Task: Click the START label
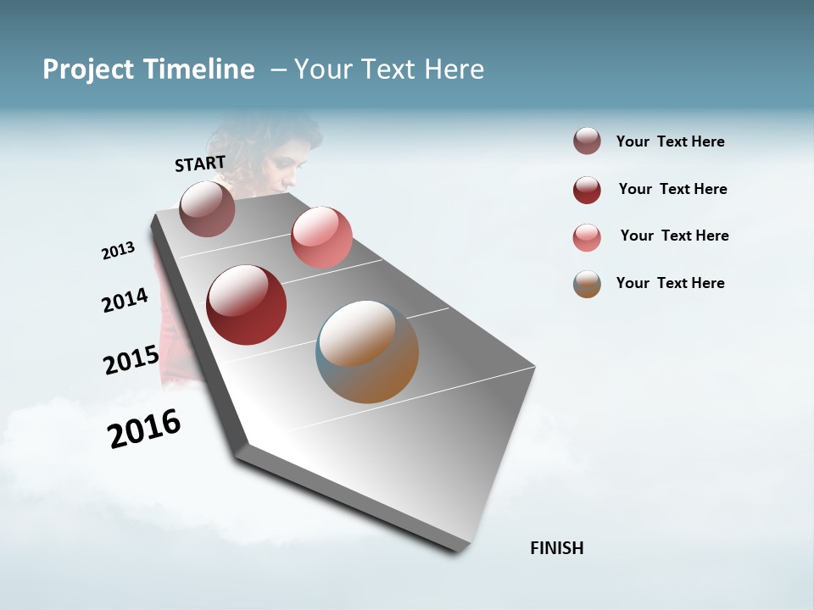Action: tap(200, 164)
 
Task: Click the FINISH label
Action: tap(556, 548)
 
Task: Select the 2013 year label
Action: tap(118, 251)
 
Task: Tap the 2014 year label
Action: tap(125, 301)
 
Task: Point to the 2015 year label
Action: tap(131, 360)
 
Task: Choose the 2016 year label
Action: tap(144, 429)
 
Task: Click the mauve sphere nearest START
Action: tap(208, 208)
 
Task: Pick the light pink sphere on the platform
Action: tap(321, 237)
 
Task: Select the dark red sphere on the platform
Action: tap(247, 305)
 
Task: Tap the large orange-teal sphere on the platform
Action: tap(367, 352)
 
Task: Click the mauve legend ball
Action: tap(587, 141)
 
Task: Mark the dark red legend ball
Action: tap(587, 190)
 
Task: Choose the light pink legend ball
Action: tap(587, 237)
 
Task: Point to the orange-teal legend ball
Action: tap(587, 284)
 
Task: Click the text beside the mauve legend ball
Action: tap(670, 141)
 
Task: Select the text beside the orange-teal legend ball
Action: tap(670, 283)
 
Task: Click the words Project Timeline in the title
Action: tap(148, 69)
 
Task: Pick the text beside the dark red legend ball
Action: tap(672, 189)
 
